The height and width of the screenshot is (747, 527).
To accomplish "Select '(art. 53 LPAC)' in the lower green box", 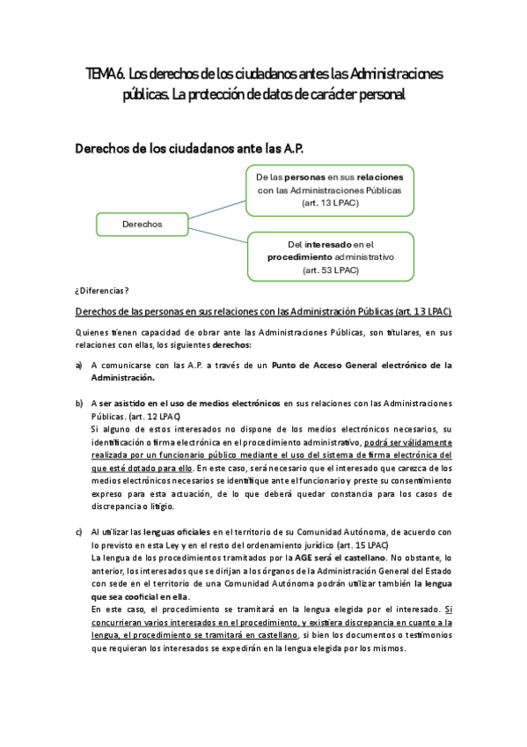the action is pos(330,270).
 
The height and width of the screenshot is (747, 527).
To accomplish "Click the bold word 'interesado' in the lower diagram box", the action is pos(330,243).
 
